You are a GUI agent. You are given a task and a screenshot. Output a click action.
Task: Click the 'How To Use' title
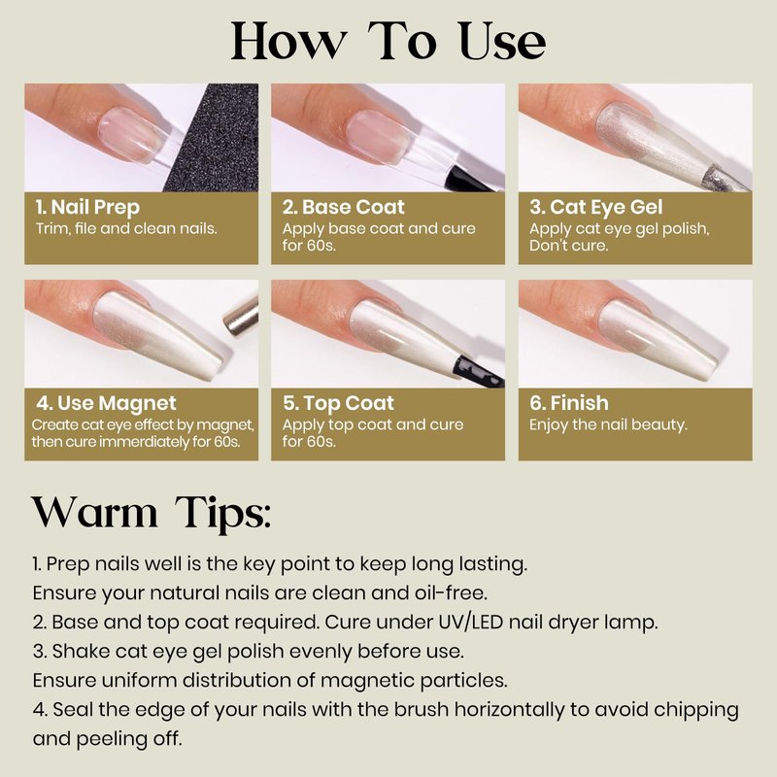tap(388, 42)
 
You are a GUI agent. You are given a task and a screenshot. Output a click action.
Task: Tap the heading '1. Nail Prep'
tap(87, 207)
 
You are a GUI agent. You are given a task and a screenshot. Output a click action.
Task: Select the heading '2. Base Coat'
tap(344, 207)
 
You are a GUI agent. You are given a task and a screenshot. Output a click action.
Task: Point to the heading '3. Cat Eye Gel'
tap(596, 207)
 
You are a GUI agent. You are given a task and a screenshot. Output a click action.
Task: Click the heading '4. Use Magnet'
tap(106, 403)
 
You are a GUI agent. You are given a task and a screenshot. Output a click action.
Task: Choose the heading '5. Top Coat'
tap(338, 403)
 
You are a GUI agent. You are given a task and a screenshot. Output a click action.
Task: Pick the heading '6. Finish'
tap(569, 403)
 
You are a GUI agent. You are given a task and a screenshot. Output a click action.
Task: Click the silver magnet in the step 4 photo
tap(242, 317)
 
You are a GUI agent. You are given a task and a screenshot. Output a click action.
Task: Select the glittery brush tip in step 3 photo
tap(725, 180)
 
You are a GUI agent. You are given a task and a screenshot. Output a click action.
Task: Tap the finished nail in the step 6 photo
tap(659, 338)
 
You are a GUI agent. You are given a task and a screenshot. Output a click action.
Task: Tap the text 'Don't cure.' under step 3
tap(568, 246)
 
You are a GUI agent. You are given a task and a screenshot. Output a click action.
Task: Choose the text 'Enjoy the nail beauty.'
tap(608, 424)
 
